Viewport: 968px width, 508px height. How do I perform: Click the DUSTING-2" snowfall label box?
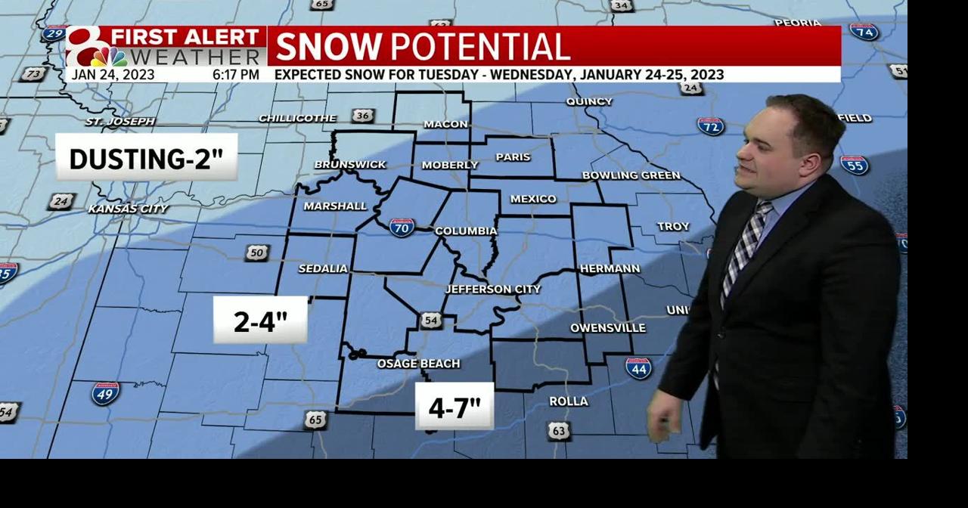[x=147, y=158]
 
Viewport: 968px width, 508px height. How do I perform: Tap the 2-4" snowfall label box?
[x=260, y=321]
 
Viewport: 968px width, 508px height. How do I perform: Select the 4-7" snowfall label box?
[x=455, y=407]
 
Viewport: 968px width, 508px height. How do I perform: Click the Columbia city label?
[x=466, y=231]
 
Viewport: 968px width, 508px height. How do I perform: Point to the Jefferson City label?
[x=492, y=289]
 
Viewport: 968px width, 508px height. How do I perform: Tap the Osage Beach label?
[x=418, y=364]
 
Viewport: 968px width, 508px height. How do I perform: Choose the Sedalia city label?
[x=323, y=268]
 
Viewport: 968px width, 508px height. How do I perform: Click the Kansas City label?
[x=128, y=209]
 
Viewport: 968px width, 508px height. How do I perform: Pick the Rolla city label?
[x=569, y=401]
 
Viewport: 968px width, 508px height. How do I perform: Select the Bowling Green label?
[x=631, y=175]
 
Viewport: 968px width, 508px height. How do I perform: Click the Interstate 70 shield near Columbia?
[x=402, y=227]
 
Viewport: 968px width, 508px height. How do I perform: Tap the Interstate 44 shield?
[x=638, y=368]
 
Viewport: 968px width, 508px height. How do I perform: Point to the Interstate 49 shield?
[x=105, y=393]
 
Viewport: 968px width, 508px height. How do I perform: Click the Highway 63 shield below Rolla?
[x=558, y=431]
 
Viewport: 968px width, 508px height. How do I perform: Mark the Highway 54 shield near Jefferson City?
[x=430, y=321]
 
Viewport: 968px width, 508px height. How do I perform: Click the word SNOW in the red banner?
[x=328, y=47]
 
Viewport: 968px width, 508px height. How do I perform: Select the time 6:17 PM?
[x=236, y=75]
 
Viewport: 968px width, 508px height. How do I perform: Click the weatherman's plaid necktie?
[x=743, y=246]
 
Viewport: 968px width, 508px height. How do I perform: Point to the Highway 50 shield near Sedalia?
[x=256, y=252]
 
